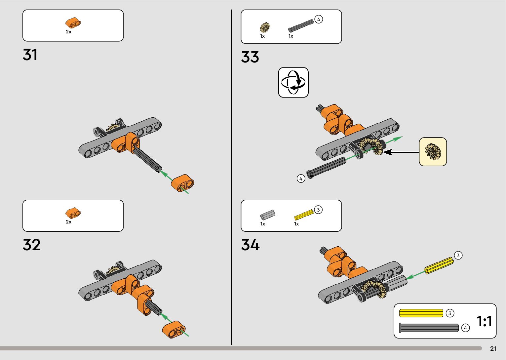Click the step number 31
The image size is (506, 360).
click(x=30, y=55)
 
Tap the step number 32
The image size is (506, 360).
click(x=31, y=245)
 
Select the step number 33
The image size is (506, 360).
click(x=250, y=57)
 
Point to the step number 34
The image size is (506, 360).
click(x=250, y=245)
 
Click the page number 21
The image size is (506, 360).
click(x=493, y=348)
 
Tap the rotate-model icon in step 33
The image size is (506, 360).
click(x=293, y=82)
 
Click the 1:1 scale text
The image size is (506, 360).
click(x=484, y=321)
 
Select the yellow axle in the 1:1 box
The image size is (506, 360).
click(x=421, y=313)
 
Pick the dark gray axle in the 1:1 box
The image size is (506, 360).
click(x=429, y=328)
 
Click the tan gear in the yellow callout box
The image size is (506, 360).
click(x=433, y=151)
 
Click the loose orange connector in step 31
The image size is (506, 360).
click(x=182, y=184)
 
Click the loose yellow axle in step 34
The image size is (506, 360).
click(x=439, y=265)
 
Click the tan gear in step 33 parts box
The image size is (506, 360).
click(x=264, y=27)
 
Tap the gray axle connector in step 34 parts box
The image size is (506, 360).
click(x=267, y=215)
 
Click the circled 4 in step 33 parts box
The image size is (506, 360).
click(x=318, y=20)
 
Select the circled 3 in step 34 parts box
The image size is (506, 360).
click(x=318, y=210)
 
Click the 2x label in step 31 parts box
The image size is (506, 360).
click(x=68, y=32)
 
